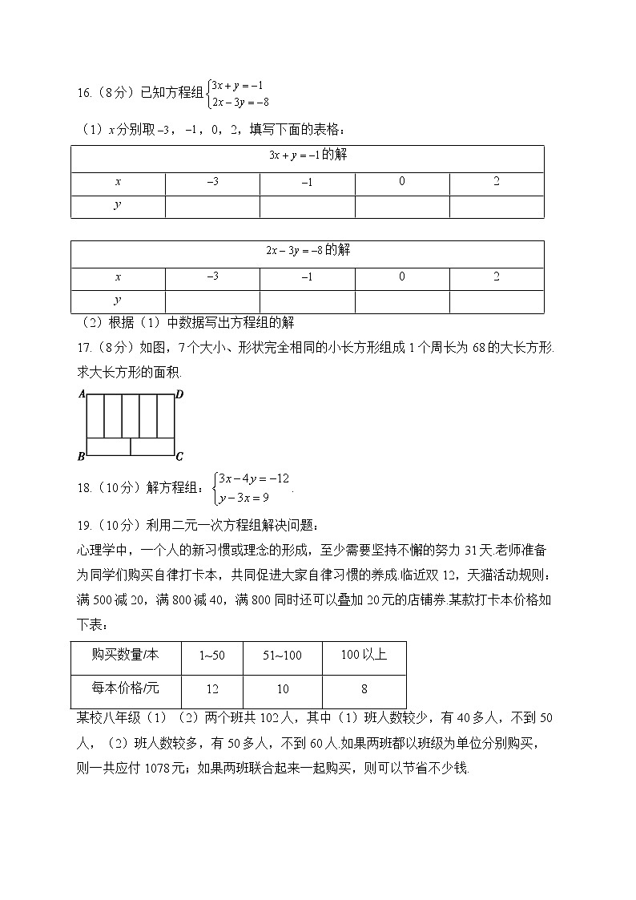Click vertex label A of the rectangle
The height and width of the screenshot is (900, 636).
tap(82, 394)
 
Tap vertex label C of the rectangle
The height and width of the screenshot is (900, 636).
tap(179, 457)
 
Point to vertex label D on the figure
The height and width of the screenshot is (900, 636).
tap(179, 394)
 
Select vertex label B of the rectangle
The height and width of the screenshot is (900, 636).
tap(81, 457)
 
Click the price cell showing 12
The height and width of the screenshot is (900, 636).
tap(212, 689)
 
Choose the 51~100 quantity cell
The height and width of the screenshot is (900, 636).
tap(283, 656)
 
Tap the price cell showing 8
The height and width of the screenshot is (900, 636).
tap(364, 689)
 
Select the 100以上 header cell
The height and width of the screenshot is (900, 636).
tap(364, 656)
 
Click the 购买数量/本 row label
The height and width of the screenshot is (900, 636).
tap(126, 656)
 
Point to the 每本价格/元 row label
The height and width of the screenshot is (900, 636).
tap(126, 689)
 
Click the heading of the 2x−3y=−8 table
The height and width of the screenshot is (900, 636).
tap(308, 251)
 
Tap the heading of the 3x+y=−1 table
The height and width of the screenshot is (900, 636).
tap(308, 155)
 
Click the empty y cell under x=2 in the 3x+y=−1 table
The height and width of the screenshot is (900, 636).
tap(496, 207)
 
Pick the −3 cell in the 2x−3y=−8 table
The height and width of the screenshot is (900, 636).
tap(212, 276)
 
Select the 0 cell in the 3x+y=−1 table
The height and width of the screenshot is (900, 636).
tap(402, 182)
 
